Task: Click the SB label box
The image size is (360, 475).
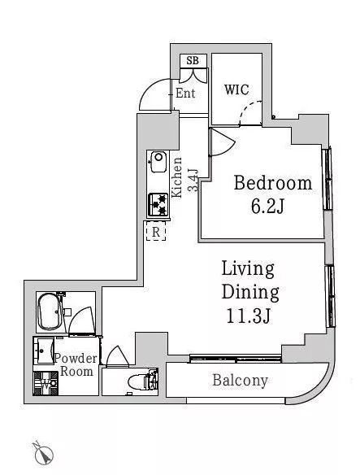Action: click(193, 60)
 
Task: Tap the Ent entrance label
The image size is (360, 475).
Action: click(185, 94)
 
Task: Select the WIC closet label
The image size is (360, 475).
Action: click(236, 89)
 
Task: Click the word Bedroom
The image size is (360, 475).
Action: click(272, 183)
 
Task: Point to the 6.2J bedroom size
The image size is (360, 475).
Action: click(267, 207)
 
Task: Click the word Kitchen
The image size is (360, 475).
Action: click(176, 177)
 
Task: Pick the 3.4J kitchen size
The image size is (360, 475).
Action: click(193, 181)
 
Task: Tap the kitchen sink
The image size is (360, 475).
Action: click(158, 162)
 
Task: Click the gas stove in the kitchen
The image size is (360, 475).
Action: click(158, 205)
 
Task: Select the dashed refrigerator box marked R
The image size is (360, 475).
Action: click(156, 231)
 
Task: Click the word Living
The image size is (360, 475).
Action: click(248, 268)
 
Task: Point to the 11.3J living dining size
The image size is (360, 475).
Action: click(248, 316)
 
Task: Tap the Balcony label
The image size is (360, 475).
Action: click(240, 381)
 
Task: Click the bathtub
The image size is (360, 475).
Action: click(50, 312)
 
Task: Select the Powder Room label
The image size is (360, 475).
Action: click(76, 364)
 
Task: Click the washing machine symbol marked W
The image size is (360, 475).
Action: click(46, 384)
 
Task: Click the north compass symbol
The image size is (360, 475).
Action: click(43, 454)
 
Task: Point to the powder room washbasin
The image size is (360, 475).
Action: click(44, 351)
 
